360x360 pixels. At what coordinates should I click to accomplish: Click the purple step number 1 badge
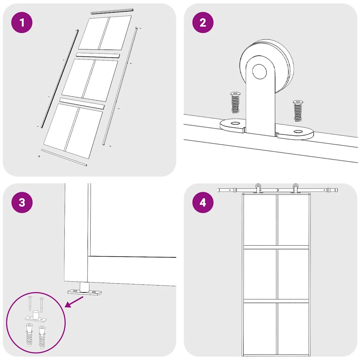pyautogui.click(x=22, y=23)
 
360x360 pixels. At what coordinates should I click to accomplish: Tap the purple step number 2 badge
pyautogui.click(x=203, y=23)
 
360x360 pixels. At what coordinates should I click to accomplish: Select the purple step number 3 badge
pyautogui.click(x=22, y=203)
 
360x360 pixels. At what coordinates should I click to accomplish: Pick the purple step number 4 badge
pyautogui.click(x=203, y=203)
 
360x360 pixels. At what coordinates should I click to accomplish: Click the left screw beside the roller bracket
pyautogui.click(x=235, y=103)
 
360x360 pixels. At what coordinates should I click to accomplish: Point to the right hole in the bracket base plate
pyautogui.click(x=298, y=131)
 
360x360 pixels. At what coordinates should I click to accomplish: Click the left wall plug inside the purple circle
pyautogui.click(x=29, y=335)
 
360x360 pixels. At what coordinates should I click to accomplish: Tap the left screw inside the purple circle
pyautogui.click(x=31, y=303)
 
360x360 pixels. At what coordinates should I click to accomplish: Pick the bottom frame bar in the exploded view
pyautogui.click(x=64, y=157)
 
